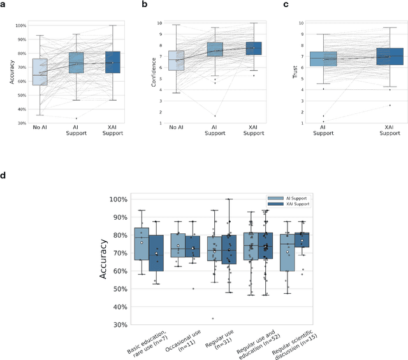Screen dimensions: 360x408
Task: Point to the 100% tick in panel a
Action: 20,25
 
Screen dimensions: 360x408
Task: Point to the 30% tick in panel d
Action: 120,325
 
